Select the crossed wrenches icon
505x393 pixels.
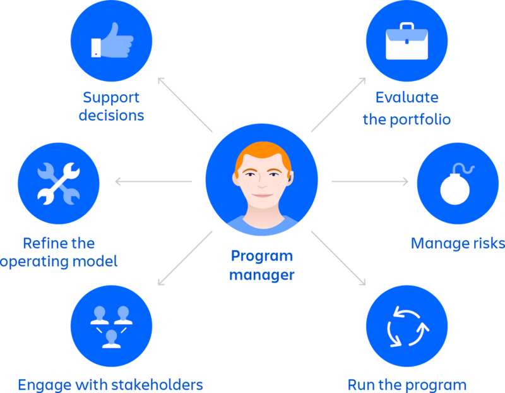[57, 183]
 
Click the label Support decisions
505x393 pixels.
[111, 107]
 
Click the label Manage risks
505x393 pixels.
[457, 243]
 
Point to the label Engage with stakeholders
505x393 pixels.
[110, 384]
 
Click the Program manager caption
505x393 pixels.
[261, 265]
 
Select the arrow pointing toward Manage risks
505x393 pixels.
[370, 182]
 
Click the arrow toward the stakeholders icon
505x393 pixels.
[183, 259]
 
